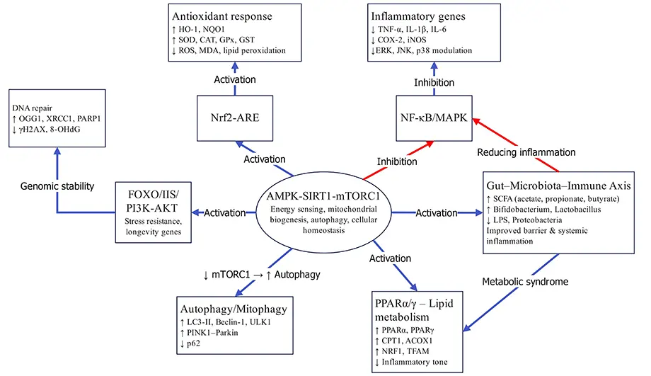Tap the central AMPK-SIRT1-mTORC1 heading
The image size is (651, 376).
[325, 195]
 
